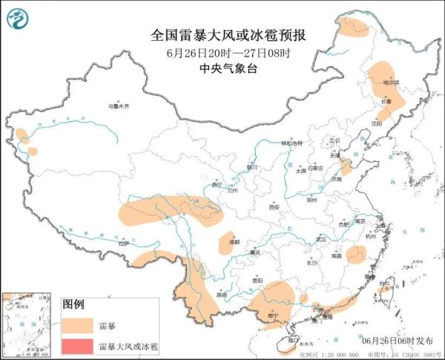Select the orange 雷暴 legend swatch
pos(76,325)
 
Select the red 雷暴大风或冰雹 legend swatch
pos(76,346)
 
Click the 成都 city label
pos(235,241)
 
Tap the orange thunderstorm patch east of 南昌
pos(356,255)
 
